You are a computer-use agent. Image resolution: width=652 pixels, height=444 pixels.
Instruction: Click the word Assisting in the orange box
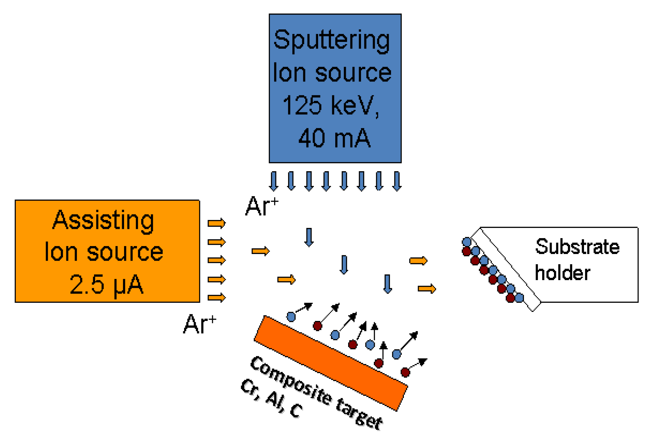(103, 220)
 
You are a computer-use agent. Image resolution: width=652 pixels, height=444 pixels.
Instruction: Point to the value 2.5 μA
(106, 284)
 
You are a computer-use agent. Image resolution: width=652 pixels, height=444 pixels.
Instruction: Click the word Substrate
(577, 247)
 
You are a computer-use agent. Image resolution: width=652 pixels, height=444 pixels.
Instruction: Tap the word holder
(562, 273)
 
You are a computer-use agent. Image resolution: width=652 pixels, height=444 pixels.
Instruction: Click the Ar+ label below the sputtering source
(262, 206)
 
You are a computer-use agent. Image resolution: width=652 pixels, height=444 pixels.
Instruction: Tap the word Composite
(290, 379)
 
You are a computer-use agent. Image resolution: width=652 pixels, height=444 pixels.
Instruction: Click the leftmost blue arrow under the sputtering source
(274, 181)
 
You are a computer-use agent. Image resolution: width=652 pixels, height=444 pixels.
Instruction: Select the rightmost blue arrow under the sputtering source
(397, 181)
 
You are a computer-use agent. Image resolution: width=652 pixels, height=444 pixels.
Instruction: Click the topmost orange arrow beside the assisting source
(216, 223)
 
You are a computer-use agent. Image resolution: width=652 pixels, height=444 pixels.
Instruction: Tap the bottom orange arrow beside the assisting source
(216, 298)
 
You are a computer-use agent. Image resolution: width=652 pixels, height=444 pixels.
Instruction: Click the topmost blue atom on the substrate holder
(467, 242)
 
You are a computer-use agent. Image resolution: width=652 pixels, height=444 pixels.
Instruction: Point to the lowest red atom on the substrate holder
(510, 298)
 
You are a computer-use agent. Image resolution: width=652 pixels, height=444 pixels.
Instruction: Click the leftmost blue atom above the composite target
(291, 317)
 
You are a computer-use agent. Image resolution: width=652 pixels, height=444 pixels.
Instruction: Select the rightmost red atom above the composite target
(405, 373)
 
